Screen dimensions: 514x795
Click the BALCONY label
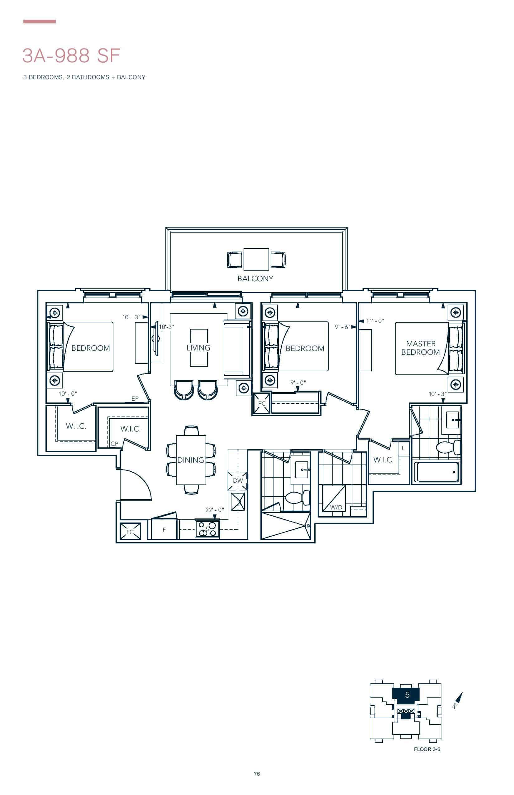pyautogui.click(x=255, y=279)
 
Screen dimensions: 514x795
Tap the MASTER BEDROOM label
pyautogui.click(x=421, y=348)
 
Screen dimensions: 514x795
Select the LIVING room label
pyautogui.click(x=198, y=348)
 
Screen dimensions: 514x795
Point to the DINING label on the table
pyautogui.click(x=191, y=460)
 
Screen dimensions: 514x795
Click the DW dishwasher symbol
pyautogui.click(x=238, y=481)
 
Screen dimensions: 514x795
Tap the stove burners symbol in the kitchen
pyautogui.click(x=207, y=529)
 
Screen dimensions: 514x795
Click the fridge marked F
pyautogui.click(x=164, y=529)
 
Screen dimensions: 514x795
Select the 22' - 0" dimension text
pyautogui.click(x=214, y=510)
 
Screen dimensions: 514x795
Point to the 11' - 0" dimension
pyautogui.click(x=375, y=321)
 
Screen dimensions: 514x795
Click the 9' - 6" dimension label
pyautogui.click(x=342, y=327)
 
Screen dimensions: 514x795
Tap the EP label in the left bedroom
pyautogui.click(x=135, y=398)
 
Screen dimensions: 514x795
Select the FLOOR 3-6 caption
pyautogui.click(x=427, y=749)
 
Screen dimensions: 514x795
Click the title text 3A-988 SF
pyautogui.click(x=71, y=55)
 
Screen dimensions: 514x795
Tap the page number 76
pyautogui.click(x=257, y=773)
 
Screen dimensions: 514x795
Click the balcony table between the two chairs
pyautogui.click(x=256, y=259)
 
